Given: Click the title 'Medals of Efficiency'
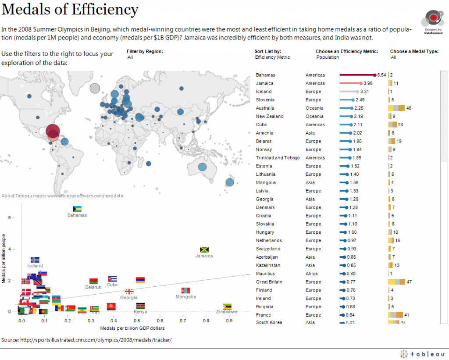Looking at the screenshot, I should pos(70,10).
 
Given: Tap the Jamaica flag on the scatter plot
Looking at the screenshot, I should pos(204,250).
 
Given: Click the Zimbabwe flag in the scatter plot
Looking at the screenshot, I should pos(227,306).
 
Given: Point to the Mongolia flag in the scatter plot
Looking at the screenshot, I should pos(185,291).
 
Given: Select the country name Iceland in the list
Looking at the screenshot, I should pos(264,92).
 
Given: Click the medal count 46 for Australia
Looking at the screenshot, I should pos(409,108).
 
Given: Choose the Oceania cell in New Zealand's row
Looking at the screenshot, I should pos(314,116).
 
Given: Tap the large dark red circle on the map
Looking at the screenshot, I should pos(53,131).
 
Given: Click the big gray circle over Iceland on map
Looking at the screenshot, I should pos(95,88).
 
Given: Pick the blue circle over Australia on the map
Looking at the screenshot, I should pos(202,167).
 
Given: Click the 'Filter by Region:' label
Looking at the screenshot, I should pos(145,51).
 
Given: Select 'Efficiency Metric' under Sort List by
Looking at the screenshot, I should pos(272,57).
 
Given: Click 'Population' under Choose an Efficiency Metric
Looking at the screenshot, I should pos(328,57).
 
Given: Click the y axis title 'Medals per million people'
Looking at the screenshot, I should pos(4,259).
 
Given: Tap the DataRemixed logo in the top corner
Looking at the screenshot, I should pos(433,20).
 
